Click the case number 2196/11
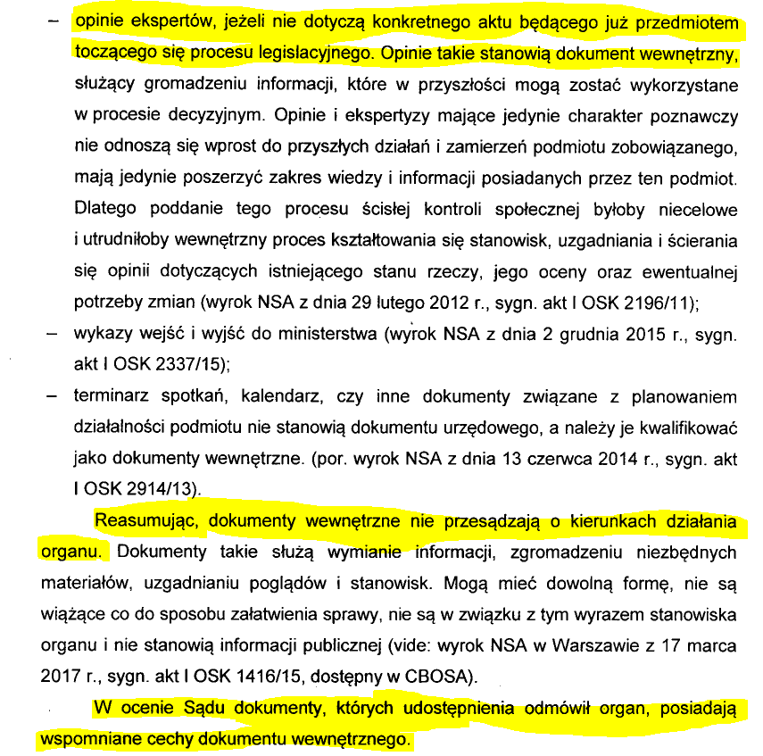(x=661, y=302)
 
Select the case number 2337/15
(x=188, y=364)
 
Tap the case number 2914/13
(x=155, y=489)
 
